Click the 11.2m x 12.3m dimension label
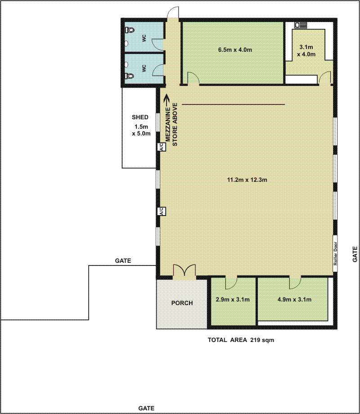click(247, 180)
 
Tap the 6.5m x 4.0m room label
click(235, 49)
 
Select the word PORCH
click(182, 303)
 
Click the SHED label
click(140, 117)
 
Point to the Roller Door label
click(335, 253)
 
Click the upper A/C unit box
click(162, 147)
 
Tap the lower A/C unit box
click(162, 211)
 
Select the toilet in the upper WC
click(130, 30)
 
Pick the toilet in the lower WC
click(130, 76)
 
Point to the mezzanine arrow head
click(166, 99)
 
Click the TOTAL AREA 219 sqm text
click(241, 340)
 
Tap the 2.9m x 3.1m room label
click(233, 299)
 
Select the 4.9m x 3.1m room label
click(294, 299)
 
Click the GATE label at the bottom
click(146, 408)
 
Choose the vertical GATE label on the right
click(355, 254)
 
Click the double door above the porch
click(184, 270)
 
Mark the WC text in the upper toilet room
click(144, 38)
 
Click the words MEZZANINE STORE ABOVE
click(171, 124)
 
